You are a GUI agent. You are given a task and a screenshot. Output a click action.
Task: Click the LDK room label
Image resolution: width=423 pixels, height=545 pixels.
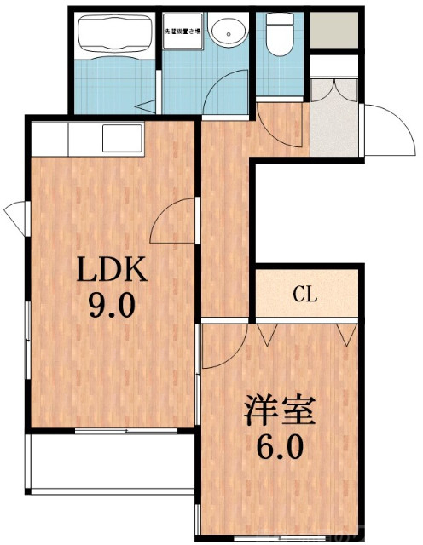click(x=113, y=270)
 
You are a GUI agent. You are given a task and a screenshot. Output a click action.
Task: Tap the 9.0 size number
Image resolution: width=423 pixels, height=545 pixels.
click(x=113, y=304)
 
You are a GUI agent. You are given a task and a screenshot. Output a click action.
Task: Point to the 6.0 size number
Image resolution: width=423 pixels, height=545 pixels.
click(x=281, y=445)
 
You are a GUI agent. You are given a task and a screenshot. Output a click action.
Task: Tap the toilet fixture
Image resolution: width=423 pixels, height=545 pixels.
click(x=277, y=34)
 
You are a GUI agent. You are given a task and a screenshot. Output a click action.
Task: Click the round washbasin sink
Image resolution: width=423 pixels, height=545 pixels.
click(x=225, y=33)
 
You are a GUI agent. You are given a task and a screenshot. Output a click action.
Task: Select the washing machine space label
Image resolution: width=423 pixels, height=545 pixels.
click(x=183, y=32)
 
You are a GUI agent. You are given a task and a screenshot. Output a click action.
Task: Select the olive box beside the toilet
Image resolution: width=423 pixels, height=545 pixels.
click(x=333, y=31)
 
